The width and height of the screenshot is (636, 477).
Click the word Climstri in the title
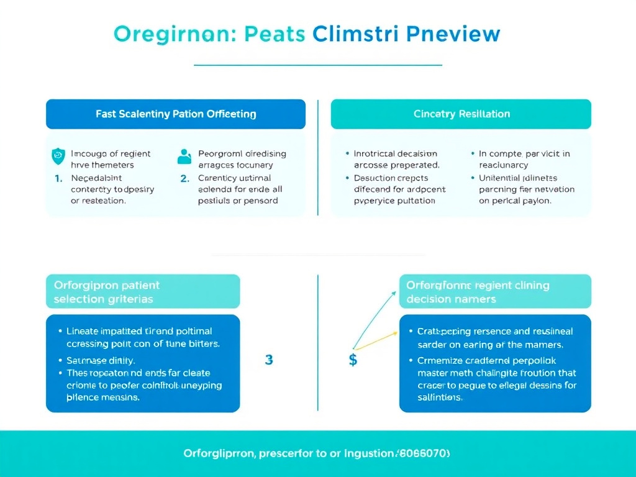click(355, 34)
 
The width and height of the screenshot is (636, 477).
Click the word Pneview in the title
click(453, 34)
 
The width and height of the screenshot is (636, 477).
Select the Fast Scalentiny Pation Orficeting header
click(176, 114)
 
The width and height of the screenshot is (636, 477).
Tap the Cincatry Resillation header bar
click(461, 114)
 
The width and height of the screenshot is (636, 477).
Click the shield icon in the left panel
click(57, 155)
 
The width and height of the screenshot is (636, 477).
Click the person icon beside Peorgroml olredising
click(184, 156)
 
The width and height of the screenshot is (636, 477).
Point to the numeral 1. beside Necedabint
click(58, 178)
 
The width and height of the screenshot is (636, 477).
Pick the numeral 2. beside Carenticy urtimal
click(184, 178)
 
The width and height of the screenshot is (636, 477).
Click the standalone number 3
click(268, 360)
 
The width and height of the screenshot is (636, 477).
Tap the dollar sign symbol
click(353, 360)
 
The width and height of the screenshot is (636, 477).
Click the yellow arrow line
click(376, 340)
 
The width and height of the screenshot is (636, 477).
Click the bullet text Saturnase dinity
click(101, 360)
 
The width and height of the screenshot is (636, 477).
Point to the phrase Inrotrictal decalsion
click(396, 153)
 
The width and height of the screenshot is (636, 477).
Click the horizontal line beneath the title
click(317, 65)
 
